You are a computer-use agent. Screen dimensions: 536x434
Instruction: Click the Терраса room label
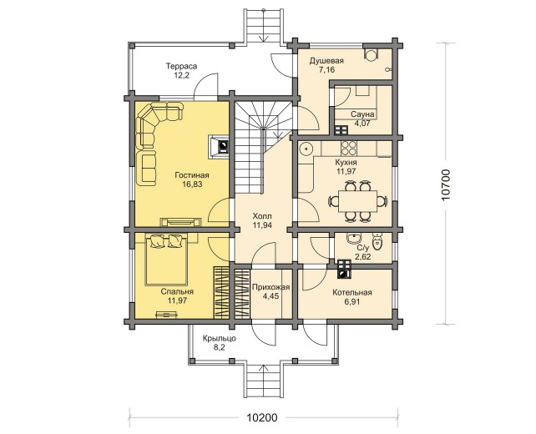[x=181, y=66]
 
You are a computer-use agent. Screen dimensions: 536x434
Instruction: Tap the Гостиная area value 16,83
[x=192, y=184]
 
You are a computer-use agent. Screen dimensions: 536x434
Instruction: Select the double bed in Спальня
[x=166, y=260]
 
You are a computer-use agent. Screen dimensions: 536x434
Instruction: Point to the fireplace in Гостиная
[x=219, y=146]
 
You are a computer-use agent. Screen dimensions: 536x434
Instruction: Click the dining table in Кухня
[x=358, y=201]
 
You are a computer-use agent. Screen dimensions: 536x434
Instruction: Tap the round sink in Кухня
[x=306, y=149]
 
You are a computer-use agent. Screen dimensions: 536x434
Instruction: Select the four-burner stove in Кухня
[x=349, y=148]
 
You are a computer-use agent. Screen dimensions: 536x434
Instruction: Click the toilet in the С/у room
[x=377, y=241]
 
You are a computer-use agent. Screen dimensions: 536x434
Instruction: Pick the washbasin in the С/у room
[x=353, y=238]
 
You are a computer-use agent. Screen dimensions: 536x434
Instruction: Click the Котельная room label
[x=352, y=293]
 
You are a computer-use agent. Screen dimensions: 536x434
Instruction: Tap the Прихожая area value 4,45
[x=271, y=296]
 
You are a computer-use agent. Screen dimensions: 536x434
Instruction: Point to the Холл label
[x=262, y=216]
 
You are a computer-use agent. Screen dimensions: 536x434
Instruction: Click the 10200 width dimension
[x=262, y=417]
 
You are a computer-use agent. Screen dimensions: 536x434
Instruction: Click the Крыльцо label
[x=219, y=339]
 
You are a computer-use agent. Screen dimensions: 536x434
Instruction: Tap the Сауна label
[x=362, y=114]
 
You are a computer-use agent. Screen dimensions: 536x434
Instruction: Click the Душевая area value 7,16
[x=326, y=70]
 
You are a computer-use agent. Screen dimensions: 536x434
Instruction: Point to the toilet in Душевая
[x=370, y=54]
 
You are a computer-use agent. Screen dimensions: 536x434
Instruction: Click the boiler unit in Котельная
[x=344, y=270]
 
